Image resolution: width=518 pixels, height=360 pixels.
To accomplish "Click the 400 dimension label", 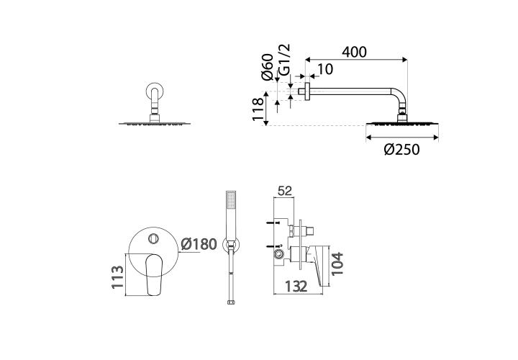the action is click(354, 53).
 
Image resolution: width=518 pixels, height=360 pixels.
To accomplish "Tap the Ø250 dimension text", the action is click(401, 150).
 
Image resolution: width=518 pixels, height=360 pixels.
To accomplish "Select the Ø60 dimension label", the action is click(267, 67).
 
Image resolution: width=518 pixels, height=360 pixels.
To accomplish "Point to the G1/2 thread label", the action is click(283, 60).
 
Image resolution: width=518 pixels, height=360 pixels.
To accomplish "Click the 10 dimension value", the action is click(325, 69).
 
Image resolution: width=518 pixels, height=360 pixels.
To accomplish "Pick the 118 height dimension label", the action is click(258, 109).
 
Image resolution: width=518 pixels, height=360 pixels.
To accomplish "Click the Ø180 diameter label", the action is click(199, 244).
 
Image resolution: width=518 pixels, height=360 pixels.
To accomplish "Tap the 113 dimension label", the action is click(117, 277).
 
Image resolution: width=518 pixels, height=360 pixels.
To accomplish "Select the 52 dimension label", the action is click(285, 191).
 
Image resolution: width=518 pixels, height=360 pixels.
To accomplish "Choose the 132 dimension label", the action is click(296, 287).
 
